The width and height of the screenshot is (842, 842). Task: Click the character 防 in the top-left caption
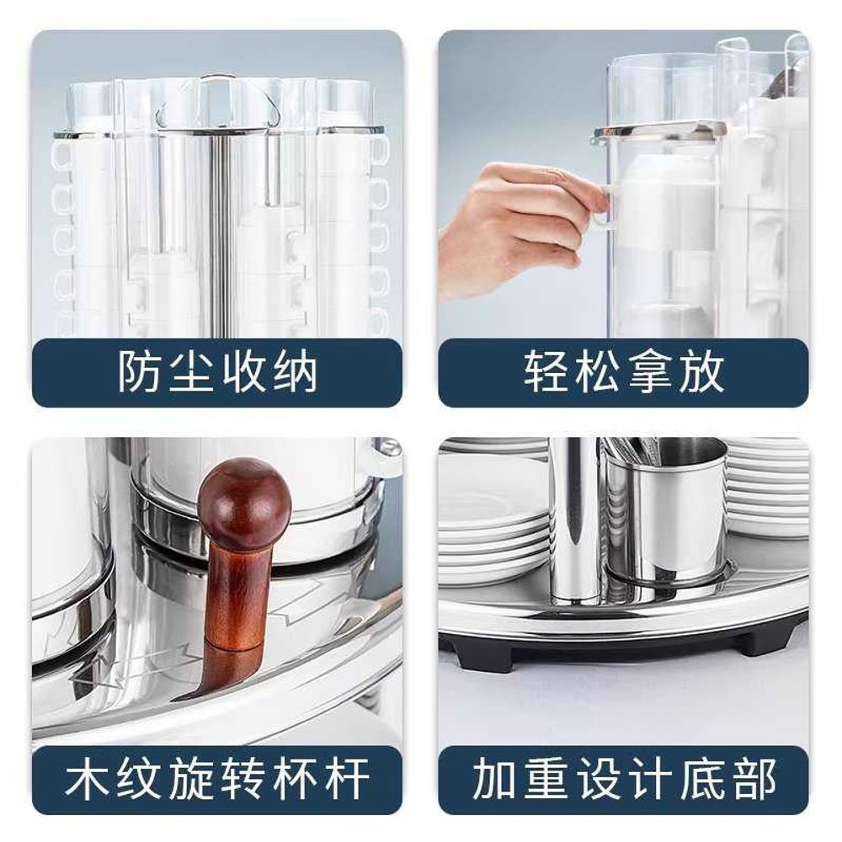[140, 372]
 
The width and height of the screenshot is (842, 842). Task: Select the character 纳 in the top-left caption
[295, 372]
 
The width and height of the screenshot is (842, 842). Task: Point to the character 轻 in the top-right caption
[546, 372]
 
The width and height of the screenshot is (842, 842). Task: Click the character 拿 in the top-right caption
[649, 372]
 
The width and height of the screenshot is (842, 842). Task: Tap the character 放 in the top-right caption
[701, 372]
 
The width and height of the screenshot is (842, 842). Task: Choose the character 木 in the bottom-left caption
[88, 779]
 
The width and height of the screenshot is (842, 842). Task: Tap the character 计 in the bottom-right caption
[649, 779]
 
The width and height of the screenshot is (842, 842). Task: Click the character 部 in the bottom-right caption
[753, 779]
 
